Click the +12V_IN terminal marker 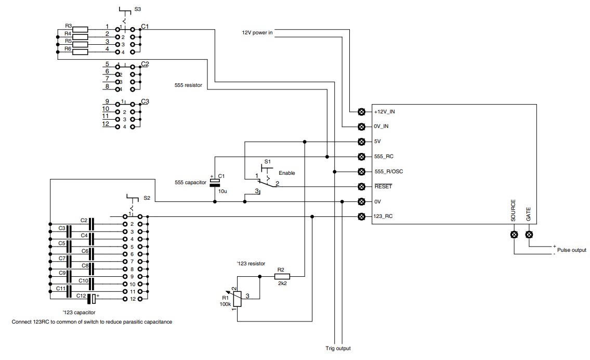361,111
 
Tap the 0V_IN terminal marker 361,126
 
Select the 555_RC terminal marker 361,156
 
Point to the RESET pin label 383,186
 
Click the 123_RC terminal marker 361,216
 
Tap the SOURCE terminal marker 514,235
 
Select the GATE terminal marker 529,235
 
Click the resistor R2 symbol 282,276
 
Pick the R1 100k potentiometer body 237,299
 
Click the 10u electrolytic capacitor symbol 215,182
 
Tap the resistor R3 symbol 80,29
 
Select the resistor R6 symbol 80,52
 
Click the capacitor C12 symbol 92,299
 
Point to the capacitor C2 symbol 91,224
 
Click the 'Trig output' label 338,349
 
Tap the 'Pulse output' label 572,250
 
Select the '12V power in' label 257,33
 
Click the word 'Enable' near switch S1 287,173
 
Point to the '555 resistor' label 188,85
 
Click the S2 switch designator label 147,198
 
